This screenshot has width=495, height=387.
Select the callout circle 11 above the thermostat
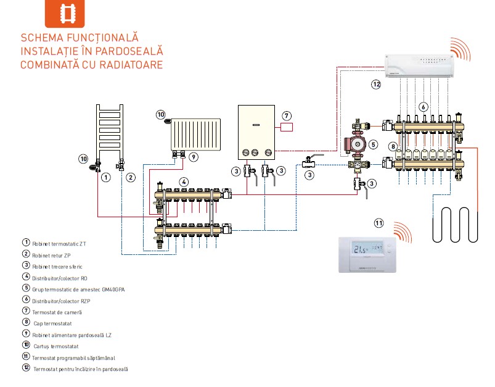tap(378, 222)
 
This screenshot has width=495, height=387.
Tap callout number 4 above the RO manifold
tap(183, 181)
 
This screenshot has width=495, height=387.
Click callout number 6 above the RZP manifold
tap(423, 106)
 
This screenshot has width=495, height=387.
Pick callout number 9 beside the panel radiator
tap(194, 157)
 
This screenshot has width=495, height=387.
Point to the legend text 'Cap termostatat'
tap(53, 323)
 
